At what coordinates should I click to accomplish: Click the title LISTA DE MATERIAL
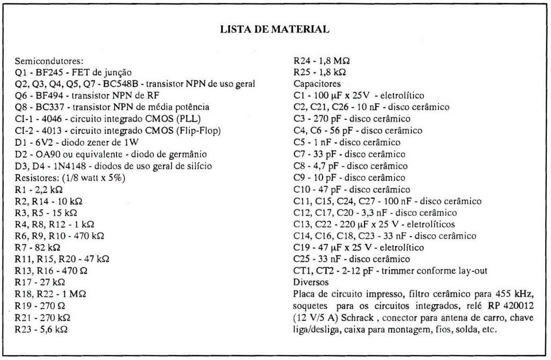pyautogui.click(x=275, y=29)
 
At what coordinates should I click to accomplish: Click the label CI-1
pyautogui.click(x=24, y=119)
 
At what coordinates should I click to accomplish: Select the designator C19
pyautogui.click(x=301, y=247)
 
